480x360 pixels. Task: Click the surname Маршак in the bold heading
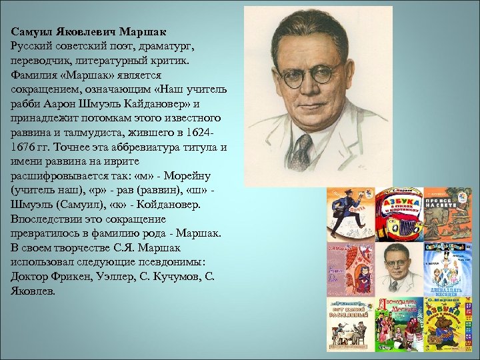pyautogui.click(x=143, y=31)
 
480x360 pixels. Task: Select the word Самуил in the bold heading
pyautogui.click(x=33, y=31)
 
